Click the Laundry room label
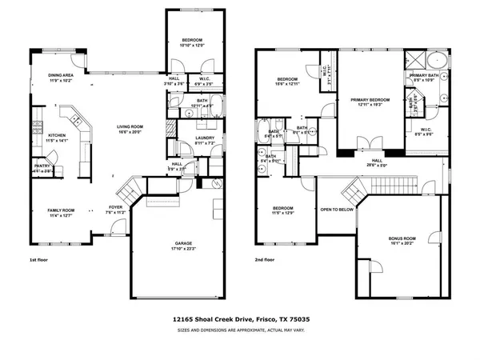point(206,139)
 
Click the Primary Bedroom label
point(369,99)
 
